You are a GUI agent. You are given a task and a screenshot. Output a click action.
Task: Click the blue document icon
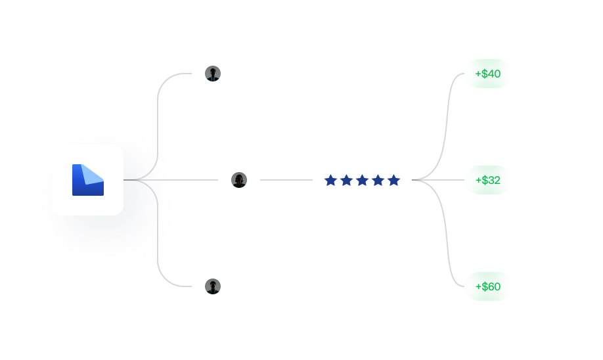(87, 180)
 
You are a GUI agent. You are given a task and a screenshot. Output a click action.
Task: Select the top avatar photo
(213, 74)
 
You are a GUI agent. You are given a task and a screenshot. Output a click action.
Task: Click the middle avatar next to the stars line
(239, 180)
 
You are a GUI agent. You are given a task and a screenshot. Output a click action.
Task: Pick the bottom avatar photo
(213, 286)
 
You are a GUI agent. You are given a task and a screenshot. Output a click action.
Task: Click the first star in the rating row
(330, 180)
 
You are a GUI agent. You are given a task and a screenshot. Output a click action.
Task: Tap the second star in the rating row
(346, 180)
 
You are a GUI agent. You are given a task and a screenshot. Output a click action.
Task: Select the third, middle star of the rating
(363, 180)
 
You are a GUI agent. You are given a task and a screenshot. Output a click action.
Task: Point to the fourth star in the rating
(378, 180)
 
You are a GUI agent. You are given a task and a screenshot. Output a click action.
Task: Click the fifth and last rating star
(394, 180)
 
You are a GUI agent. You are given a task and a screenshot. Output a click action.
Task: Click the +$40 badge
(487, 74)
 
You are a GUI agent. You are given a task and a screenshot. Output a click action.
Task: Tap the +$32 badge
(487, 180)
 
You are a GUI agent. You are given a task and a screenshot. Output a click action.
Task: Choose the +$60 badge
(487, 286)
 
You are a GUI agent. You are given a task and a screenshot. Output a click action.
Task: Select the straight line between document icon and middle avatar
(171, 180)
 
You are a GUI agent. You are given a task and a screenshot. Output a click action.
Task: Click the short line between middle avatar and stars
(286, 180)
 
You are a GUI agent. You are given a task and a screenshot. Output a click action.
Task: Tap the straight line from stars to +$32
(438, 180)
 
